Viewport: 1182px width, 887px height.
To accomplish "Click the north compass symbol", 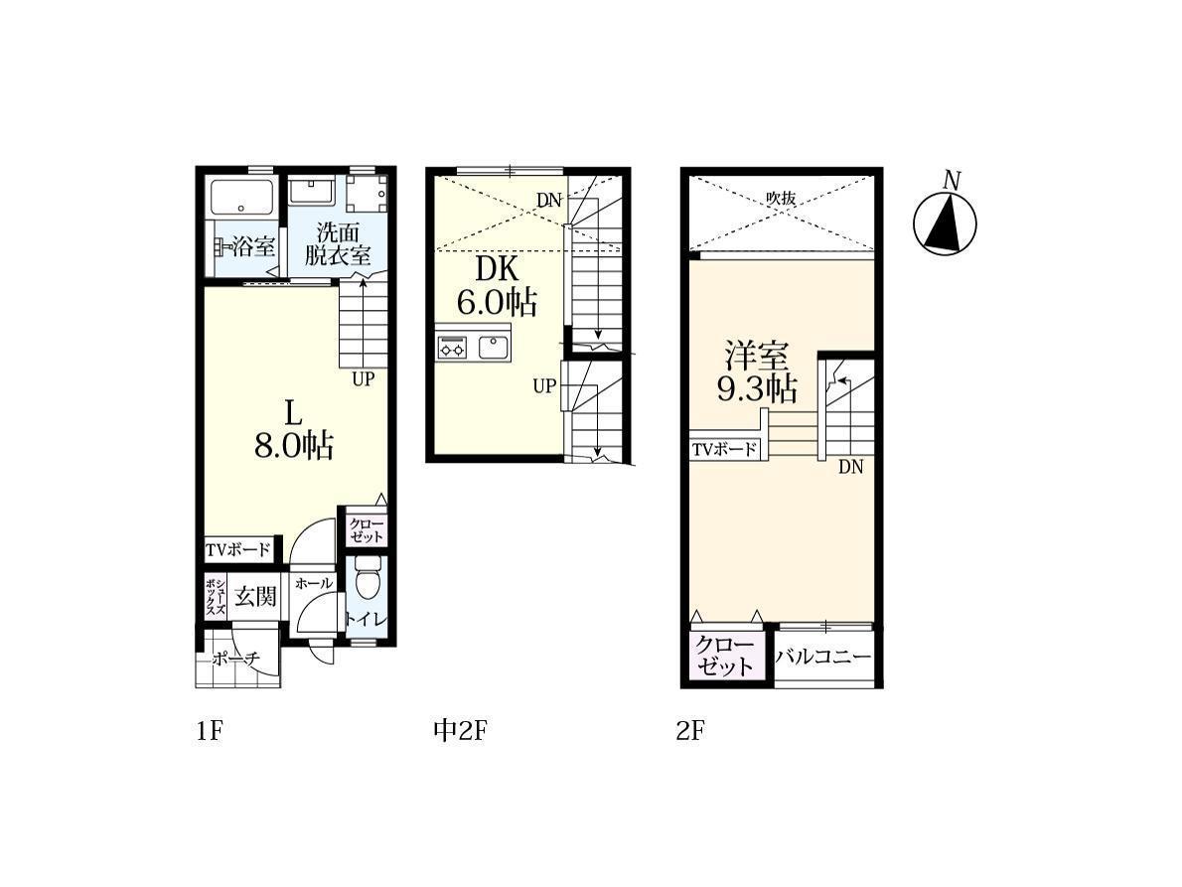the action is [x=945, y=223].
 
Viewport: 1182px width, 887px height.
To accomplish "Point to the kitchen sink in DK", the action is [x=493, y=348].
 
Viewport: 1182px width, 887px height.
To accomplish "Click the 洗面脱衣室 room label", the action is [x=337, y=243].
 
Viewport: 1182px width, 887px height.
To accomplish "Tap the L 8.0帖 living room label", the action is [x=293, y=430].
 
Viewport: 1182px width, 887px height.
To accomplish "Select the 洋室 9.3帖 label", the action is [x=756, y=372].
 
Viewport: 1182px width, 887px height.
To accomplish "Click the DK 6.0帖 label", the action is [x=497, y=286].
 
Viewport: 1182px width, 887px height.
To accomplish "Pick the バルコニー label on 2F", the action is [x=824, y=657].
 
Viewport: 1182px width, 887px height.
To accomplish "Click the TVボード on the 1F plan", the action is [x=238, y=549].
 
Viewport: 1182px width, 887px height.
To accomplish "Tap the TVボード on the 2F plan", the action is [x=724, y=450].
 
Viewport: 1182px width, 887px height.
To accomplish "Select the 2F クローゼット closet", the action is [x=725, y=656].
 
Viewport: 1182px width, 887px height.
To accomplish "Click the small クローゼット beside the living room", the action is [x=367, y=529].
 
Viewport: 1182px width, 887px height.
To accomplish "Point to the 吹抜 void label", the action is [x=781, y=199].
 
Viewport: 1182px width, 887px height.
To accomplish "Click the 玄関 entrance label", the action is [x=255, y=597].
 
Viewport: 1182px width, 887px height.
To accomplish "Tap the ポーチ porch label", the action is [x=236, y=659].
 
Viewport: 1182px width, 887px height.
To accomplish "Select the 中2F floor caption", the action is [x=460, y=730].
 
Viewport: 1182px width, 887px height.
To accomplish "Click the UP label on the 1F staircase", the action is [x=364, y=378].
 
